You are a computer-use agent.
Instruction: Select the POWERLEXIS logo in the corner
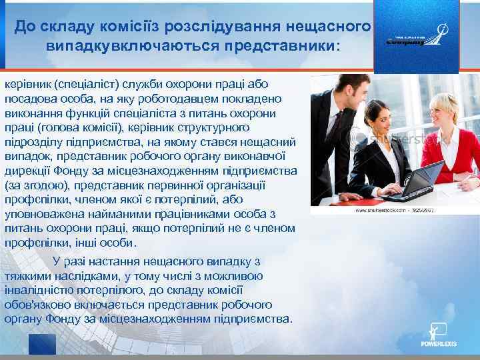436,337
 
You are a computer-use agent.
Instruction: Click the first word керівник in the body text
27,85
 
